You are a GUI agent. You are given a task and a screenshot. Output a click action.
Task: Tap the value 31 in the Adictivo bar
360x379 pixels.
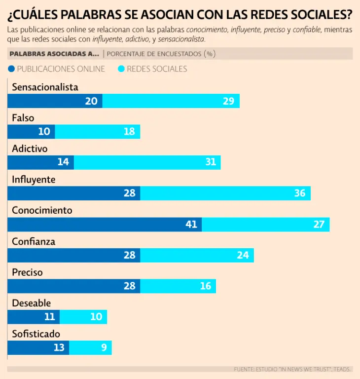pos(211,162)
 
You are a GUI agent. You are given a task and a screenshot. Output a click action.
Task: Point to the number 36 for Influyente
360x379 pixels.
pos(300,193)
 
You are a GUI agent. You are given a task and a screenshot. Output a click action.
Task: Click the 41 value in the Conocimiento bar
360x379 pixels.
pos(191,225)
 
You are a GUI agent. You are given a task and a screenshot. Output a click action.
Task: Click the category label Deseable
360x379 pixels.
pos(31,303)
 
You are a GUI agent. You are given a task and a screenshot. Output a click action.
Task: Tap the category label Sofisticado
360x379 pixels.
pos(36,334)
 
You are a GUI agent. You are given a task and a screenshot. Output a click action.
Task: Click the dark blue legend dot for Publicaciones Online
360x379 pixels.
pos(11,69)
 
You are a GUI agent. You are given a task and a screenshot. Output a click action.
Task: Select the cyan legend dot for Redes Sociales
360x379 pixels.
pos(121,69)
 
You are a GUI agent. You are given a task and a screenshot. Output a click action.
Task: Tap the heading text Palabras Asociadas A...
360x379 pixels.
pos(54,53)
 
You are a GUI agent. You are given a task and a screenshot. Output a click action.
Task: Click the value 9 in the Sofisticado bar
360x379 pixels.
pos(104,348)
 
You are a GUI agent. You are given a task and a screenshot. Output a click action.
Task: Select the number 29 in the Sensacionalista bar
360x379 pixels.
pos(228,101)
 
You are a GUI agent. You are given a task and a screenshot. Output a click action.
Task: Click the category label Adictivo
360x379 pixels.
pos(30,149)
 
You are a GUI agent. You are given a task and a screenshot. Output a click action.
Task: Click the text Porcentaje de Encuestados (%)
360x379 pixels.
pos(161,53)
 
